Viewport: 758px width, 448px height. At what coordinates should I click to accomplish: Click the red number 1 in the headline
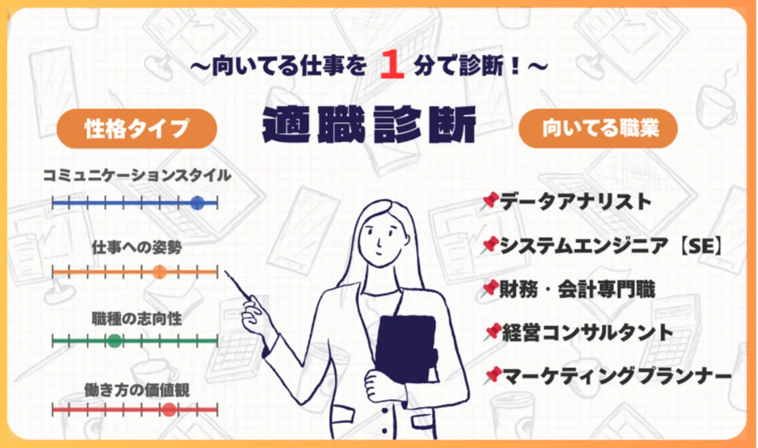[x=392, y=64]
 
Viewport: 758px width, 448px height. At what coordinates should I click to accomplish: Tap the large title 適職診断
[x=369, y=124]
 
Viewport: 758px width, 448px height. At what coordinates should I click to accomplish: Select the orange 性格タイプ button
[x=136, y=128]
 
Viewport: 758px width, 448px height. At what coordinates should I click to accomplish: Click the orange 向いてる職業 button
[x=598, y=128]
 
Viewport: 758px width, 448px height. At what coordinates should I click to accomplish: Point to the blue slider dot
[x=197, y=203]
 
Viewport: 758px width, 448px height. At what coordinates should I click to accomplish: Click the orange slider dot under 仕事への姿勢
[x=159, y=272]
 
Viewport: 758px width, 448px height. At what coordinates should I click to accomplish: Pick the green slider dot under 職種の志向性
[x=114, y=341]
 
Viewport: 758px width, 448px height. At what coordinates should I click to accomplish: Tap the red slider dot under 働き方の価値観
[x=169, y=409]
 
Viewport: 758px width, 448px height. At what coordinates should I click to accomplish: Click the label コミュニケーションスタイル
[x=137, y=176]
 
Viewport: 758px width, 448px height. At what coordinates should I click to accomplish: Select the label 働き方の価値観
[x=137, y=390]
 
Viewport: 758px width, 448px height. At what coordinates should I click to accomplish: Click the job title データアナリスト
[x=575, y=202]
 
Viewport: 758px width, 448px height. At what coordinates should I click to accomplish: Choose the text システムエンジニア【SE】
[x=611, y=246]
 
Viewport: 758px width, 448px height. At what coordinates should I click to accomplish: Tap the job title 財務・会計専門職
[x=577, y=289]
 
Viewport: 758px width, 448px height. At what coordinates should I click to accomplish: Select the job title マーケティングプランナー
[x=617, y=376]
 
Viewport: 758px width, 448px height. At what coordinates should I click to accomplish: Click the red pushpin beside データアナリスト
[x=490, y=202]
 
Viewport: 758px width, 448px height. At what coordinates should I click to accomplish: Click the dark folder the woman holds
[x=406, y=349]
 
